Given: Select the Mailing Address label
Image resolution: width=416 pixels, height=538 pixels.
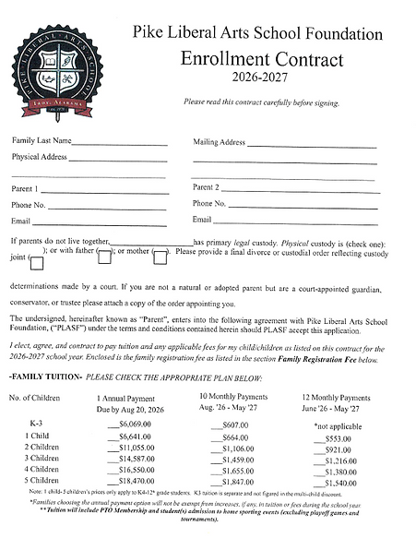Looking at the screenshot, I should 219,142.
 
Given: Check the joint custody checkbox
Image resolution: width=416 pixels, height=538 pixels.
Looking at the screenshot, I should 37,263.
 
